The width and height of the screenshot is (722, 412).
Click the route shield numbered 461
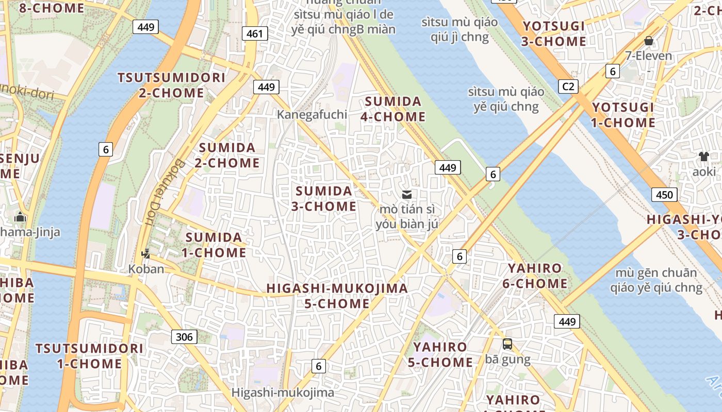pos(254,34)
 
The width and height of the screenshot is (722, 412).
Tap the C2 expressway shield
pos(568,86)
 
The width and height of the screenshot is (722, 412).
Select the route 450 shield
pos(664,194)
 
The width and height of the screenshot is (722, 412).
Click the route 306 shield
pos(184,337)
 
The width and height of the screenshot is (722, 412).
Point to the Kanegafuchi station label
pos(312,114)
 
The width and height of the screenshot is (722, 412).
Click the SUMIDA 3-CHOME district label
pos(324,199)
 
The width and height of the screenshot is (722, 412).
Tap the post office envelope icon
pos(407,194)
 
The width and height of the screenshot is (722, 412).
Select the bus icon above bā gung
pos(507,344)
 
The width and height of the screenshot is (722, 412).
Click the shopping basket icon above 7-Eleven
pos(649,40)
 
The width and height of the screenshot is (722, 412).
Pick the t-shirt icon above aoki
pos(703,156)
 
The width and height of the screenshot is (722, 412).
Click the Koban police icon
pos(146,253)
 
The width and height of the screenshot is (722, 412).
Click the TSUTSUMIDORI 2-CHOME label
pos(171,85)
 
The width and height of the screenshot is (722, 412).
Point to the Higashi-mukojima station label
pos(283,392)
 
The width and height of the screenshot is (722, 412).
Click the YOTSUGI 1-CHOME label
pos(622,115)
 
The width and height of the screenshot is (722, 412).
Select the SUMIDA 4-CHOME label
pos(392,109)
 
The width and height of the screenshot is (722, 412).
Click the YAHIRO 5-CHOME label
pos(440,355)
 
